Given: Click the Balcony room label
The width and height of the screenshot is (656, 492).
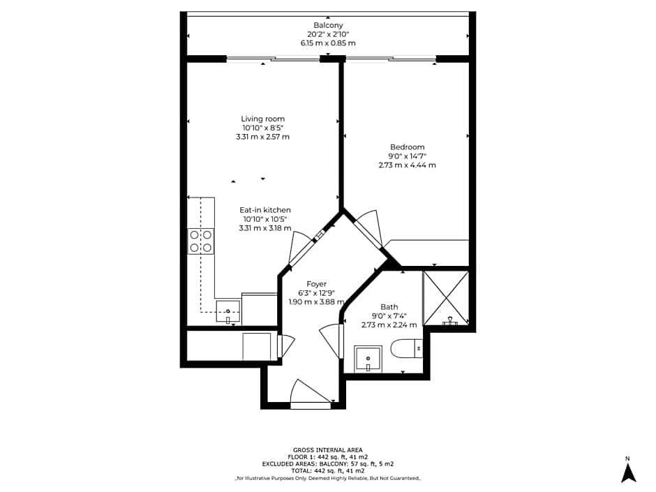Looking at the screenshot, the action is [x=328, y=25].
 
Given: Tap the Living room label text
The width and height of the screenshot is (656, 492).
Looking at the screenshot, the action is [x=262, y=119].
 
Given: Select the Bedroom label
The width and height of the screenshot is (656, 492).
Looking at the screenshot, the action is [x=407, y=147].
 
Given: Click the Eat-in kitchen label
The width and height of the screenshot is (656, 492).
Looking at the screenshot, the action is [x=264, y=210].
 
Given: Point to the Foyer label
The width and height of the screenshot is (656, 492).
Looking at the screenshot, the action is [x=316, y=284].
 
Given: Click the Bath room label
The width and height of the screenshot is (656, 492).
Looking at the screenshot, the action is [x=389, y=307].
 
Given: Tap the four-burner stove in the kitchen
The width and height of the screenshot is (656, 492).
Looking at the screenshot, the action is [x=200, y=241].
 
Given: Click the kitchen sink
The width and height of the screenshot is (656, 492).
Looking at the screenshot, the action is [x=228, y=312].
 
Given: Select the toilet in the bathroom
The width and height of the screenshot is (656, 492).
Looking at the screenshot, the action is [x=406, y=348].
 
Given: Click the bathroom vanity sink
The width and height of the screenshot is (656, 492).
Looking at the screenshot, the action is [x=368, y=359].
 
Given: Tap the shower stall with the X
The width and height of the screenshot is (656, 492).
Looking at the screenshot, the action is [x=446, y=298].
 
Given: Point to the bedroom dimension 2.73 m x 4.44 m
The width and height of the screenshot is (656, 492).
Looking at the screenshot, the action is [x=407, y=165].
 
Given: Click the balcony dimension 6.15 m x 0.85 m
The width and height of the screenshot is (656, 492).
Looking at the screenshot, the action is [x=328, y=43].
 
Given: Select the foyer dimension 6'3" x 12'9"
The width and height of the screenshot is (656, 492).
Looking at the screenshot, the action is [x=316, y=293].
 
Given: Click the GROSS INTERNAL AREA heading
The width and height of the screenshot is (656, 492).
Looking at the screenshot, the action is [x=327, y=450].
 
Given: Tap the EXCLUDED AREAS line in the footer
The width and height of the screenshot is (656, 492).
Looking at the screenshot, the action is [x=327, y=464].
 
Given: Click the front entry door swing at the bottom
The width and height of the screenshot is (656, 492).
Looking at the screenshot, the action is [x=311, y=392].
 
